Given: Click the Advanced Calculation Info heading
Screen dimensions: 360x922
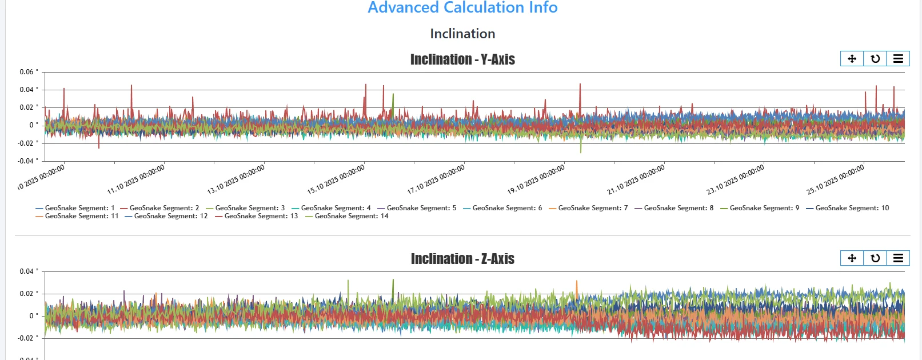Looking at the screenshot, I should coord(462,7).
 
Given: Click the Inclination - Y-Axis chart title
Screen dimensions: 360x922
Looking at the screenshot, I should coord(462,59).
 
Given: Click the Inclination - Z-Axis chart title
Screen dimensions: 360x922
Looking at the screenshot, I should coord(462,259).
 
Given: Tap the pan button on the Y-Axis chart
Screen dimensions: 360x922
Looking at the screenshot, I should coord(852,59).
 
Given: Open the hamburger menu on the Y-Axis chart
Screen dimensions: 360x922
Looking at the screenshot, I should coord(898,59).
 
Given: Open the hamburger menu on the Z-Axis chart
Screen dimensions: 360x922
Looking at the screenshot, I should coord(898,258).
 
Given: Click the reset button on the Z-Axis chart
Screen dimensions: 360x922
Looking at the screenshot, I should coord(875,258).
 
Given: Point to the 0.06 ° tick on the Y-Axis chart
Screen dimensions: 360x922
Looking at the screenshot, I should coord(29,72).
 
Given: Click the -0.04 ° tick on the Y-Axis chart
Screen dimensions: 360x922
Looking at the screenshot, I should coord(29,161).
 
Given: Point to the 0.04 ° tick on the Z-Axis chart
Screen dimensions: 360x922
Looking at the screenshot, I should coord(29,271).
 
